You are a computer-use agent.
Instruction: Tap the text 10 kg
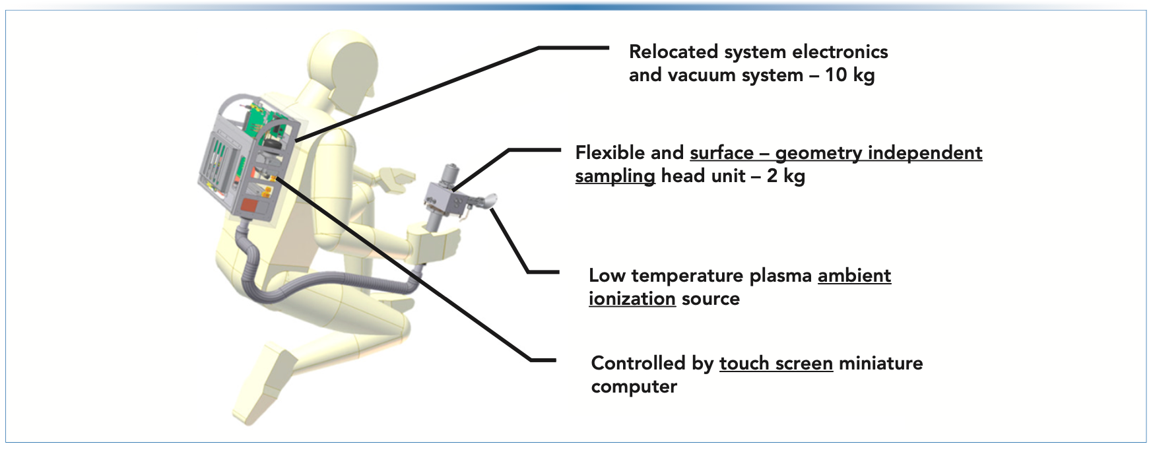tap(849, 75)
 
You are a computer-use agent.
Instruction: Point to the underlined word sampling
tap(614, 176)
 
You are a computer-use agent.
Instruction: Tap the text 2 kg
tap(785, 176)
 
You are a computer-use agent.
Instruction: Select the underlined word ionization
tap(632, 299)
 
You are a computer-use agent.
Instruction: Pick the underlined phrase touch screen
tap(775, 363)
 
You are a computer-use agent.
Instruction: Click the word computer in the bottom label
tap(634, 387)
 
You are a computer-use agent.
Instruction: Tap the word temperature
tap(686, 275)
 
